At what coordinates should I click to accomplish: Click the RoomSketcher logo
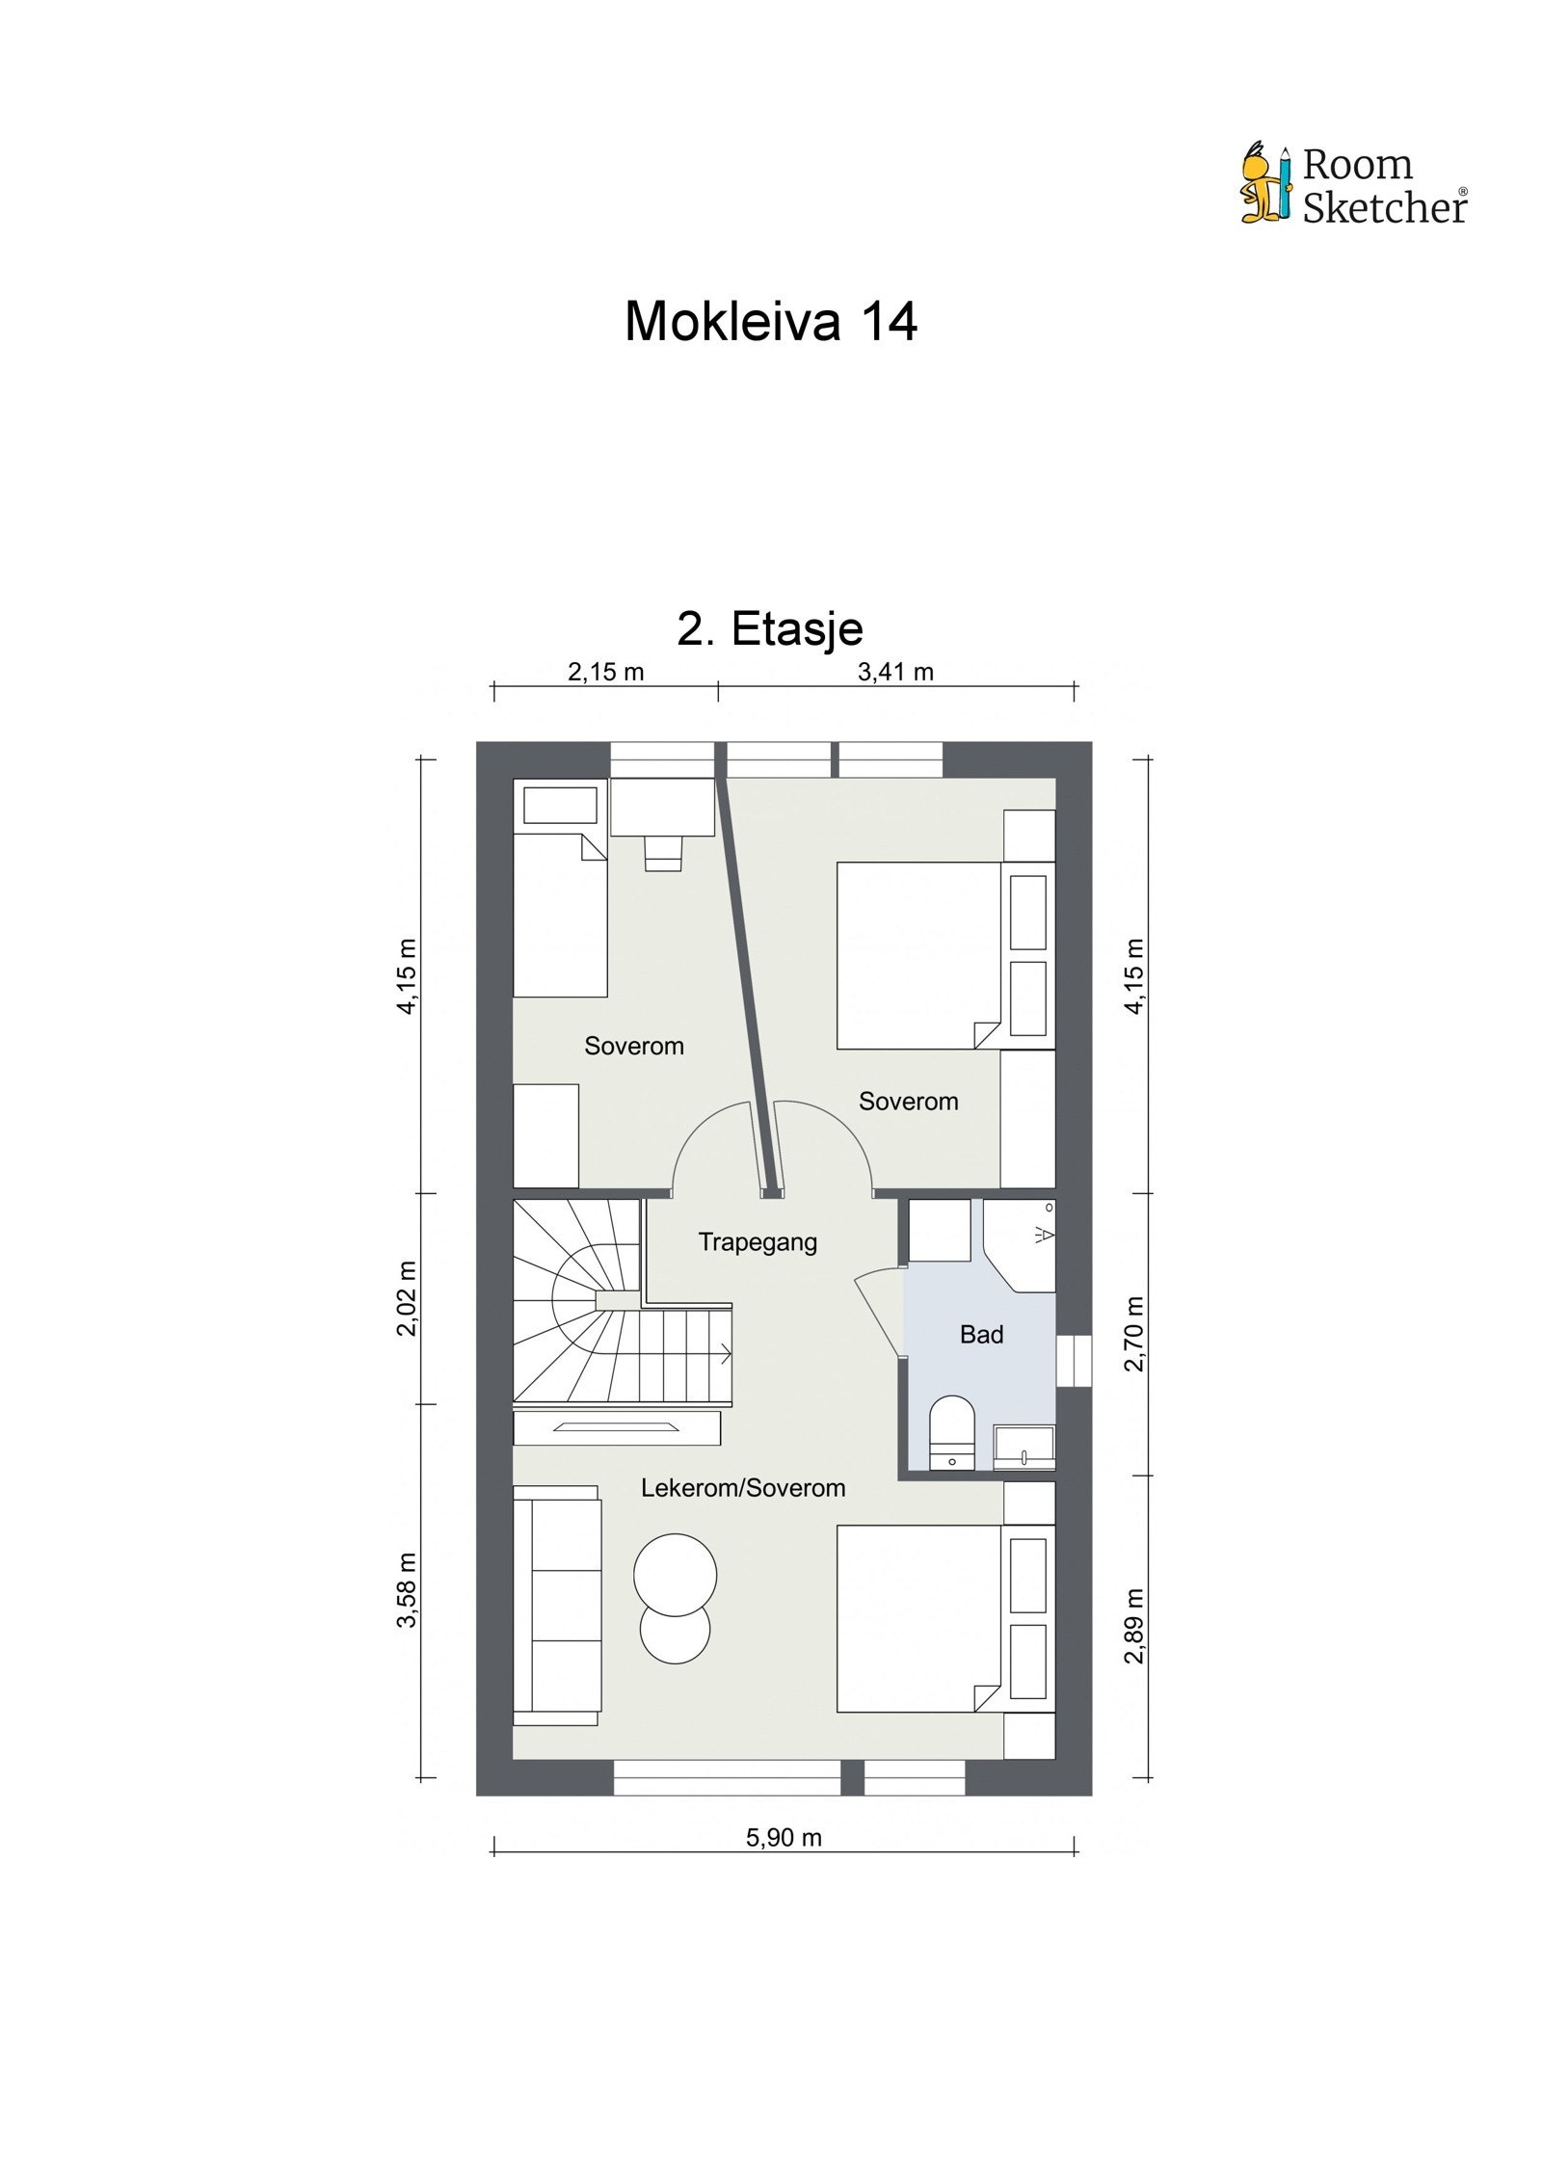pyautogui.click(x=1353, y=184)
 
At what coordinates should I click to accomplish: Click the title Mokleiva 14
pyautogui.click(x=770, y=321)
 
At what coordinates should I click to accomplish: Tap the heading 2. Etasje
pyautogui.click(x=770, y=629)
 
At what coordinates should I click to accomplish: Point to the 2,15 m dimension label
pyautogui.click(x=605, y=672)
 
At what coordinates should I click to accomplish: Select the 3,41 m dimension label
pyautogui.click(x=895, y=672)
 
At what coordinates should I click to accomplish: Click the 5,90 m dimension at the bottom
pyautogui.click(x=784, y=1837)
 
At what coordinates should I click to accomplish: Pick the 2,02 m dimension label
pyautogui.click(x=408, y=1297)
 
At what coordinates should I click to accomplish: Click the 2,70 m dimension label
pyautogui.click(x=1134, y=1333)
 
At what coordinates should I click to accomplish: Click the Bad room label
pyautogui.click(x=981, y=1334)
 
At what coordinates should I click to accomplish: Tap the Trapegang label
pyautogui.click(x=758, y=1241)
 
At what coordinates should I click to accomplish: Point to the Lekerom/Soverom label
pyautogui.click(x=743, y=1487)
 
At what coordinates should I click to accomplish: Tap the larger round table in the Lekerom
pyautogui.click(x=675, y=1574)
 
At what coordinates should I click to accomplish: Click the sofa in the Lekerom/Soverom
pyautogui.click(x=555, y=1605)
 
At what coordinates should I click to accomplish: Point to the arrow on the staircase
pyautogui.click(x=720, y=1354)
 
